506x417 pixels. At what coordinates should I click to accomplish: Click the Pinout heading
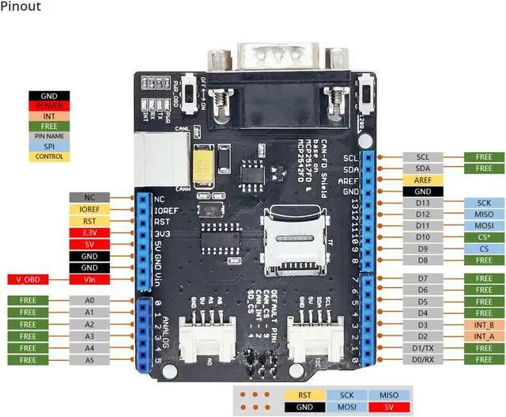[21, 7]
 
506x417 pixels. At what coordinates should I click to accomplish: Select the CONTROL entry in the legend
[48, 157]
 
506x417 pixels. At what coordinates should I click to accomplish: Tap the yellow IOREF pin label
[89, 210]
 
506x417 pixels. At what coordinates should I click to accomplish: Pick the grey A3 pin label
[89, 336]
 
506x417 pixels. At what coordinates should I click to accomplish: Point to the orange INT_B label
[484, 325]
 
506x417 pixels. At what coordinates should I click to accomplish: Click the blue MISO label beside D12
[484, 214]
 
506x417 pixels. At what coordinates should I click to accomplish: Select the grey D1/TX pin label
[423, 348]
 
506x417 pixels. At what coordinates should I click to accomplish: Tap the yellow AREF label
[423, 180]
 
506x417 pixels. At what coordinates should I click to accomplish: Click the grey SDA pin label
[423, 169]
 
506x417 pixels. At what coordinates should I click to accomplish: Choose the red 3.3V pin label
[89, 233]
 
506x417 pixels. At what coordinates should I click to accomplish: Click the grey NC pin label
[89, 198]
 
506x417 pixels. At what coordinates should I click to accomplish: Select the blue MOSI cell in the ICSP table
[346, 407]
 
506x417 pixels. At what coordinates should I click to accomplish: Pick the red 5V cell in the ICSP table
[389, 407]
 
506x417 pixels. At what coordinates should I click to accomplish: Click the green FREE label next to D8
[484, 260]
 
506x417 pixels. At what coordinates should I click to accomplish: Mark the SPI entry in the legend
[48, 146]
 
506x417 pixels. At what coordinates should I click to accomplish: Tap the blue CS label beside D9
[484, 248]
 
